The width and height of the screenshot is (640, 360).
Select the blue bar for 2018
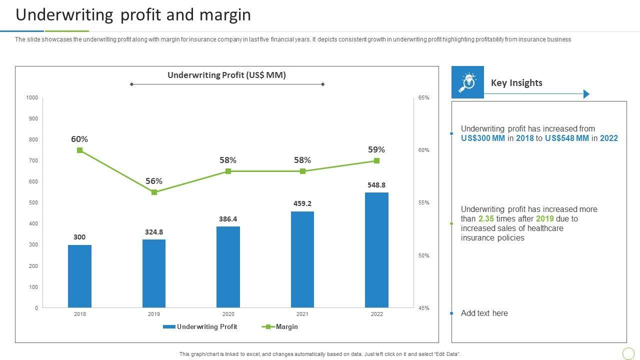[79, 276]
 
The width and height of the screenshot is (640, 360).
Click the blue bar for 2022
[376, 250]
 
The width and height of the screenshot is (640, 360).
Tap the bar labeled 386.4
[228, 267]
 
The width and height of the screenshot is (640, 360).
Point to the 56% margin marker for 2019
[154, 192]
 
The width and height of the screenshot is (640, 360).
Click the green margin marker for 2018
[79, 150]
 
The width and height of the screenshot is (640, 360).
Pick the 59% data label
[376, 149]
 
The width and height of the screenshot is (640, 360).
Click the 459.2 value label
[302, 203]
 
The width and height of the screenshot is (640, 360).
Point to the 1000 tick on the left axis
[32, 98]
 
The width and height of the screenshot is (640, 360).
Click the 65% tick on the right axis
[423, 98]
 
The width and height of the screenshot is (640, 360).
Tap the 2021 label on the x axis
[302, 314]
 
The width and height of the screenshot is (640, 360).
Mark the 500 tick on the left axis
[33, 203]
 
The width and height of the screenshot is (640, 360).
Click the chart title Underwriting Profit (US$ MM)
[226, 75]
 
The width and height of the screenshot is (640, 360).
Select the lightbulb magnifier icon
[467, 82]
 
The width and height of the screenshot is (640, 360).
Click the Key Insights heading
[516, 83]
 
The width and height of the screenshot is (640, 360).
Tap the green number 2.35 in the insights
[486, 219]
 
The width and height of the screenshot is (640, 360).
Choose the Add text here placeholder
[484, 313]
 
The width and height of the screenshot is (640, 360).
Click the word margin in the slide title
[225, 15]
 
